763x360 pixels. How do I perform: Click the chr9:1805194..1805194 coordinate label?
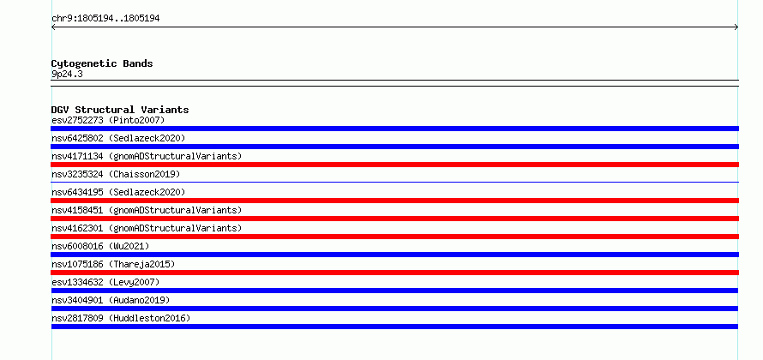click(x=105, y=19)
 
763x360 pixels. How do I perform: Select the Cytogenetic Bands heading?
click(x=102, y=63)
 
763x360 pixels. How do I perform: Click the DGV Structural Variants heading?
click(x=120, y=110)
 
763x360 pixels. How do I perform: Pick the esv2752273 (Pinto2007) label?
click(x=108, y=120)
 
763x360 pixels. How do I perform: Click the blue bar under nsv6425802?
click(x=394, y=147)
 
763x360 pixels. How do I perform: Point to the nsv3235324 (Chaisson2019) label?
click(x=116, y=174)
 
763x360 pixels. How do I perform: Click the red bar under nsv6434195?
click(x=394, y=201)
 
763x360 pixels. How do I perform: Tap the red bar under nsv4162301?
click(x=394, y=237)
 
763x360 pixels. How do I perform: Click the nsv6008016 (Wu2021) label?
click(x=100, y=246)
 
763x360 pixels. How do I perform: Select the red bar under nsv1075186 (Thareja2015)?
click(x=394, y=273)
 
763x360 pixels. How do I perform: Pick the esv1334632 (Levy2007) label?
click(x=105, y=282)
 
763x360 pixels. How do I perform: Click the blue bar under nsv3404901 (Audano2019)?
click(x=394, y=309)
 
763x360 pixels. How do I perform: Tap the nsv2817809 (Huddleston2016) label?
click(x=121, y=318)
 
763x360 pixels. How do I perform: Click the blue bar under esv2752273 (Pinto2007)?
click(x=394, y=129)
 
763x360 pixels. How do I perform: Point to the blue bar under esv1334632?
click(x=394, y=291)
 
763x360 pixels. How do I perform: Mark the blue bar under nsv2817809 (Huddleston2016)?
click(x=394, y=327)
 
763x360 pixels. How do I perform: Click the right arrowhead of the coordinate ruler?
click(x=737, y=27)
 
